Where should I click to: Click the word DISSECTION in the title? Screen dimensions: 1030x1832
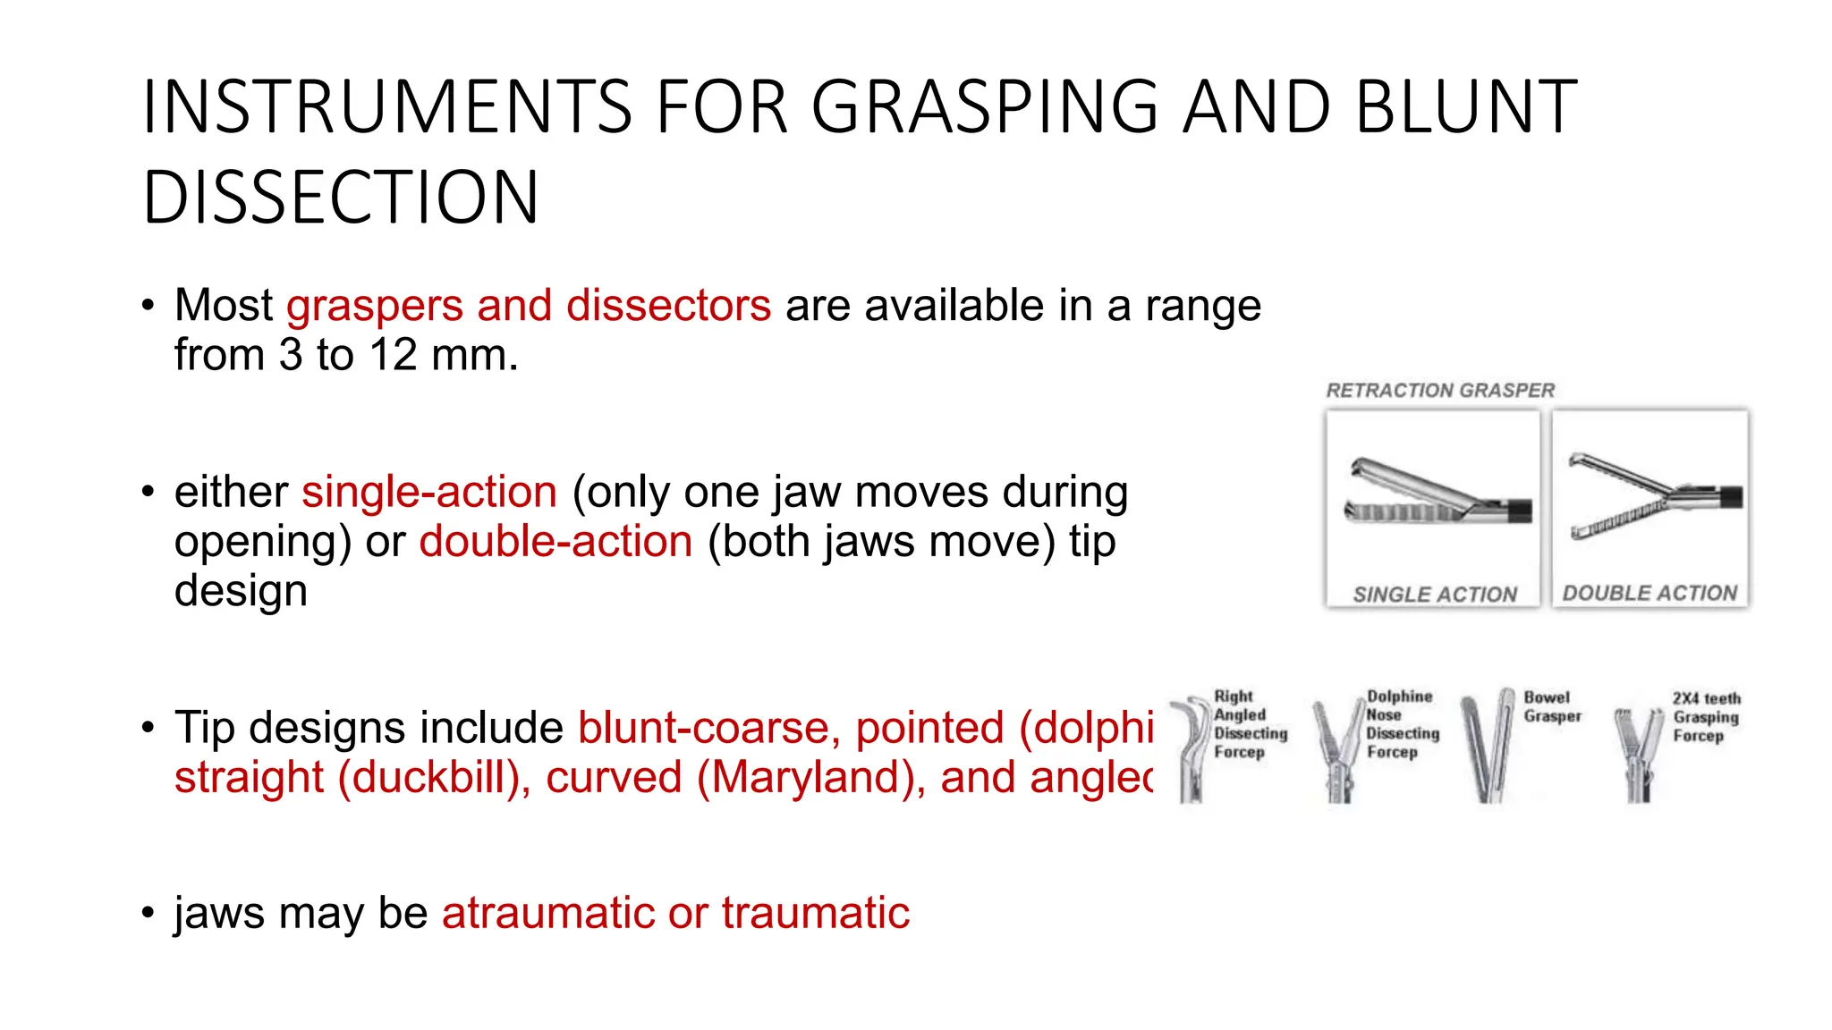(341, 198)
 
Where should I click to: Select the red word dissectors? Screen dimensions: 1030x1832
(668, 306)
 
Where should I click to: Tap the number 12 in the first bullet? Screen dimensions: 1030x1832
(394, 355)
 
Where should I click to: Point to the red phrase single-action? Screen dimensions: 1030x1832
(429, 493)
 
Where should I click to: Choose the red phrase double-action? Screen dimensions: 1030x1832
(556, 542)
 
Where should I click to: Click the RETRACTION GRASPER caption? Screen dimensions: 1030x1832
(1440, 391)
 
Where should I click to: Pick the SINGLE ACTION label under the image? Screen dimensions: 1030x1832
(1435, 595)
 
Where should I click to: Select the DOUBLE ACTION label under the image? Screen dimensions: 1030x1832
(1650, 594)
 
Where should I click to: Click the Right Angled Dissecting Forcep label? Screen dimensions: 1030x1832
(1249, 724)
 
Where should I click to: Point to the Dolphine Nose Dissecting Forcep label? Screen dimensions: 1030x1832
(1402, 724)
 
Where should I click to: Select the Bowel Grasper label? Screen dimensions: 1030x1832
(1552, 706)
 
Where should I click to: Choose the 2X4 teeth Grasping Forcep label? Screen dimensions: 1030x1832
(1706, 717)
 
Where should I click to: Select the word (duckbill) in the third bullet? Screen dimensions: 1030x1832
(435, 778)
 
